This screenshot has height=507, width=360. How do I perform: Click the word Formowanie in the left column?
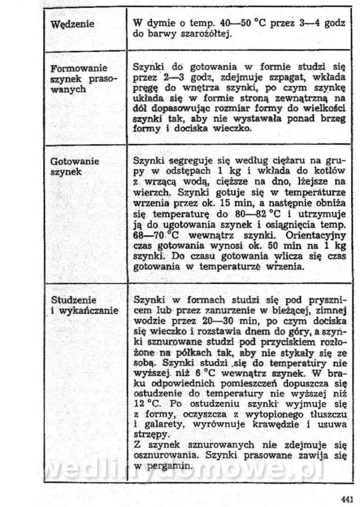click(79, 69)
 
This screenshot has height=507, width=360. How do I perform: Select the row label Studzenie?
click(73, 300)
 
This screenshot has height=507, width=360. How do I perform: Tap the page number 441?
click(347, 498)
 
